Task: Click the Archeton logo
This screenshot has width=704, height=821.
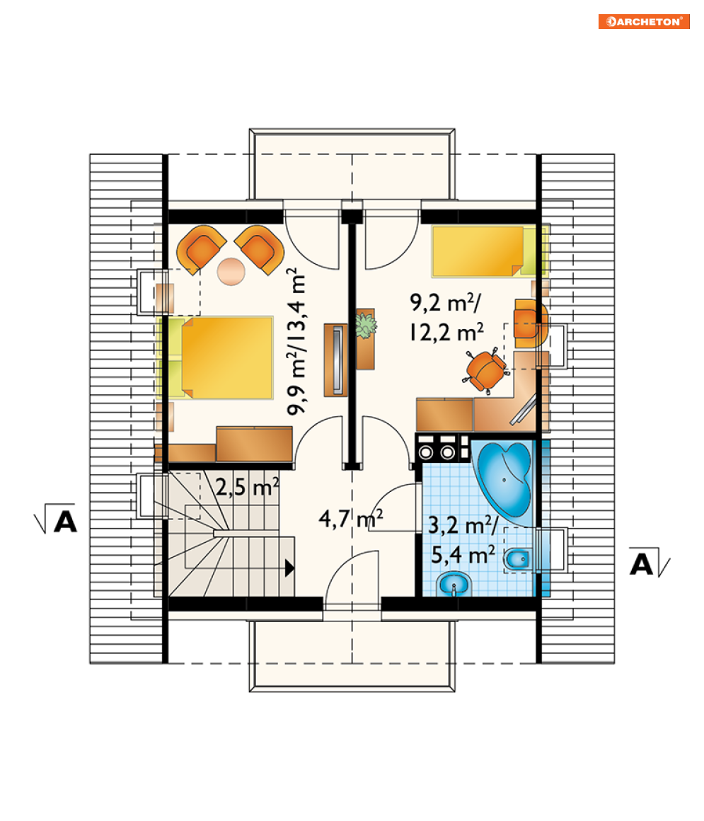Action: pyautogui.click(x=644, y=21)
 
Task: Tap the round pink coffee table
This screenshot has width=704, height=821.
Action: pyautogui.click(x=231, y=271)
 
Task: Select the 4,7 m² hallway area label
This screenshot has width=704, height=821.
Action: pyautogui.click(x=351, y=518)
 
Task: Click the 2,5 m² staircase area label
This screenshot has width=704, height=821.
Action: pyautogui.click(x=247, y=487)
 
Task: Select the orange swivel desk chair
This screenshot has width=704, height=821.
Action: pyautogui.click(x=485, y=371)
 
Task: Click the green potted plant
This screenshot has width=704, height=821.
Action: pyautogui.click(x=365, y=325)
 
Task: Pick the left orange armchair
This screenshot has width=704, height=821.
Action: pyautogui.click(x=200, y=248)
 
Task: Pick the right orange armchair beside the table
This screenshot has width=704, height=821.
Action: pyautogui.click(x=260, y=248)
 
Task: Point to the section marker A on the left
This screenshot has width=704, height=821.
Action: pyautogui.click(x=55, y=519)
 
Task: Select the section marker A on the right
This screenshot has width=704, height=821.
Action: pyautogui.click(x=649, y=563)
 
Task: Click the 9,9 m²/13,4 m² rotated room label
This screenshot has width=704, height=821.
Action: pyautogui.click(x=296, y=341)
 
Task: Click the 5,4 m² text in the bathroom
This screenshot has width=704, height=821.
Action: pyautogui.click(x=463, y=555)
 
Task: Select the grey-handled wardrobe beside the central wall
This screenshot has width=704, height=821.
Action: pyautogui.click(x=335, y=360)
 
